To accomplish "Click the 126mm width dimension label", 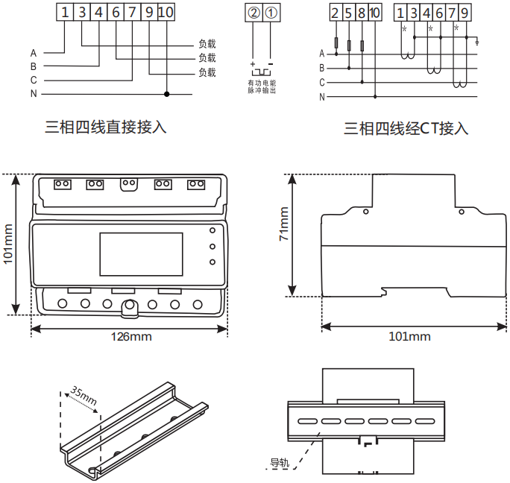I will click(130, 336).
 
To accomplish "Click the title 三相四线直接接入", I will click(106, 127).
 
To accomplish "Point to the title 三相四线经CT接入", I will click(406, 129).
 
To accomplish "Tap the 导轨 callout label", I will click(279, 463).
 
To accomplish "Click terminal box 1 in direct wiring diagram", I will click(66, 12).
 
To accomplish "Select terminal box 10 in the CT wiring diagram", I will click(374, 12).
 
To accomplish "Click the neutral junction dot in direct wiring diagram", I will click(166, 94).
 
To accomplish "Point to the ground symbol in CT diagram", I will click(477, 42).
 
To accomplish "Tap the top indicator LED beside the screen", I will click(212, 232).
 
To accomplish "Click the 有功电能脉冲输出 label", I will click(262, 86).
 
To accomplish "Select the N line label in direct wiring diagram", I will click(34, 94).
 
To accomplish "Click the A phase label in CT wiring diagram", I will click(322, 54).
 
